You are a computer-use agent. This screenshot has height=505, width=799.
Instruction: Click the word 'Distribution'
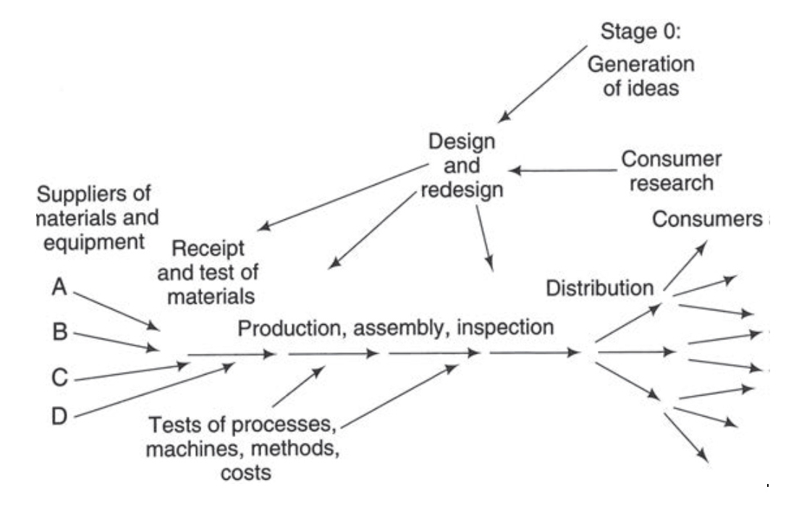pos(599,288)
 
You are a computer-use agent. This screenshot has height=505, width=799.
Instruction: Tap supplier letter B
pos(61,334)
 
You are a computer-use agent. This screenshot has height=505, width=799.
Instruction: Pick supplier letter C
pos(61,378)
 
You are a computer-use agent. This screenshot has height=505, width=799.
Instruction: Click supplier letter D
pos(61,417)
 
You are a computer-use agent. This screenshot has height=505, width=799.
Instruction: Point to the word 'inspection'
pos(510,327)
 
